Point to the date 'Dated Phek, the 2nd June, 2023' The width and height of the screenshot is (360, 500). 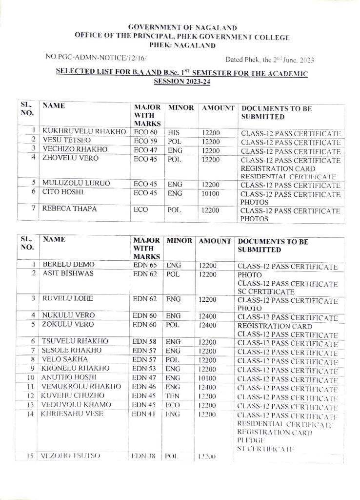(x=270, y=60)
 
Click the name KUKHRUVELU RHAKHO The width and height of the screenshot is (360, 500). (x=84, y=132)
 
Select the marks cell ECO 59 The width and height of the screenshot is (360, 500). (x=146, y=141)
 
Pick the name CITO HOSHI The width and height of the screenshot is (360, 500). (x=62, y=192)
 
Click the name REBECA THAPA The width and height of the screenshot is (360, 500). (x=70, y=209)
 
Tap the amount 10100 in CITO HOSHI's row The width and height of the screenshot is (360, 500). (x=209, y=193)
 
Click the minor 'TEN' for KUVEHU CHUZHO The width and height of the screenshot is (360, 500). (x=173, y=396)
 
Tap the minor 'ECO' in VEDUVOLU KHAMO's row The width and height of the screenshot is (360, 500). (x=174, y=405)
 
